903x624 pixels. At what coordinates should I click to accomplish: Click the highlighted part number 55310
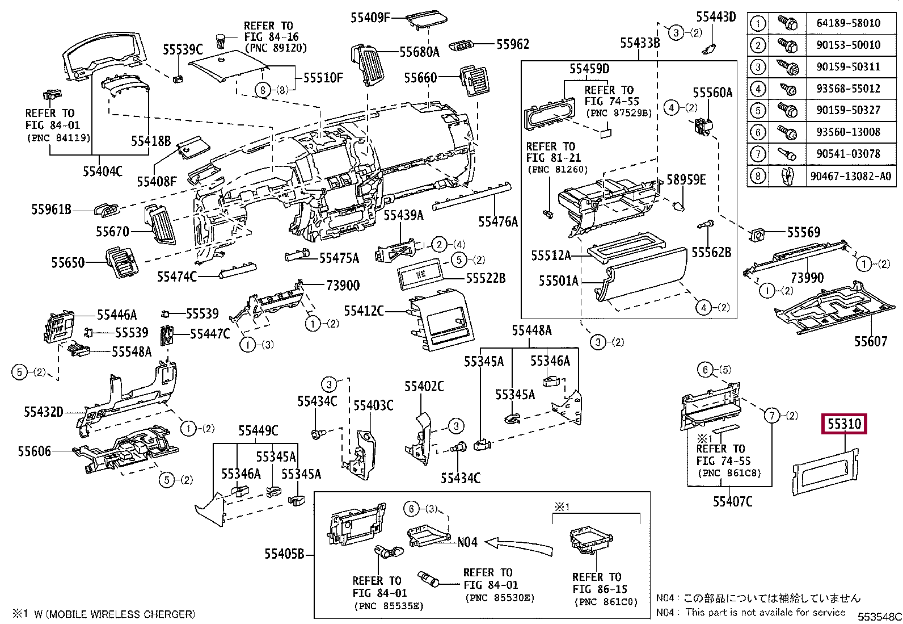[x=844, y=424]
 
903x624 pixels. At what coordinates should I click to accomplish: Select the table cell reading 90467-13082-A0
[x=850, y=176]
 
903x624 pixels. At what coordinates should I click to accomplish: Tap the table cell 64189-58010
[x=848, y=23]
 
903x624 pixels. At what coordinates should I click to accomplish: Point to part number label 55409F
[x=370, y=18]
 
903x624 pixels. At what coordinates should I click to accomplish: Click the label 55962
[x=513, y=44]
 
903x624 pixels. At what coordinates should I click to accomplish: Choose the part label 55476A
[x=498, y=221]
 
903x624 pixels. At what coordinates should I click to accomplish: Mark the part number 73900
[x=343, y=285]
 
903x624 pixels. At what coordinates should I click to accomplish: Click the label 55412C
[x=364, y=311]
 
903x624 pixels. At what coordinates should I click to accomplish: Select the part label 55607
[x=870, y=341]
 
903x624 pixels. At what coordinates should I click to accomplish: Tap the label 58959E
[x=686, y=180]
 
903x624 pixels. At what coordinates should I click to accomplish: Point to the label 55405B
[x=284, y=553]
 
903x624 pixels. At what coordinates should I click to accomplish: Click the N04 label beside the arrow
[x=467, y=542]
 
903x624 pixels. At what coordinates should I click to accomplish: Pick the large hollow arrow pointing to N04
[x=520, y=546]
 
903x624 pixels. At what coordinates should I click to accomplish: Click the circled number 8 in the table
[x=758, y=176]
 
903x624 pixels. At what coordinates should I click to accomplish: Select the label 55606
[x=34, y=451]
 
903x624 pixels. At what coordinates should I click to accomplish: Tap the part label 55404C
[x=102, y=171]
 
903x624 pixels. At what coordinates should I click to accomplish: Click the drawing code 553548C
[x=879, y=617]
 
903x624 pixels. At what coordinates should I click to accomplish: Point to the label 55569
[x=803, y=232]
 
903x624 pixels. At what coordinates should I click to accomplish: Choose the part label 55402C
[x=424, y=387]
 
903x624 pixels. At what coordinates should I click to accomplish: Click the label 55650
[x=67, y=262]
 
